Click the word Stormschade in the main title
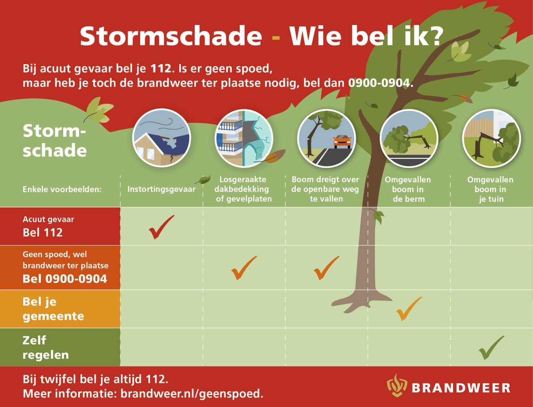click(171, 36)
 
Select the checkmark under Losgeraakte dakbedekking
click(244, 268)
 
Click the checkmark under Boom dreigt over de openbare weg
click(326, 268)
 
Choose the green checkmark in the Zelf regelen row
click(491, 348)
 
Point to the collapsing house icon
click(161, 137)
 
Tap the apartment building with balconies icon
click(243, 137)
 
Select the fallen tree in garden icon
click(491, 137)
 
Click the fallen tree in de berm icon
click(409, 137)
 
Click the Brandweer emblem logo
click(396, 385)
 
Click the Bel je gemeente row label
click(53, 309)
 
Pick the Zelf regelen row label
click(46, 348)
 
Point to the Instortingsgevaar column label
click(161, 189)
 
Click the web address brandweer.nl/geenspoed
click(192, 394)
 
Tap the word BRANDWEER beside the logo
click(461, 388)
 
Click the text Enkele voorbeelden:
click(62, 189)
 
